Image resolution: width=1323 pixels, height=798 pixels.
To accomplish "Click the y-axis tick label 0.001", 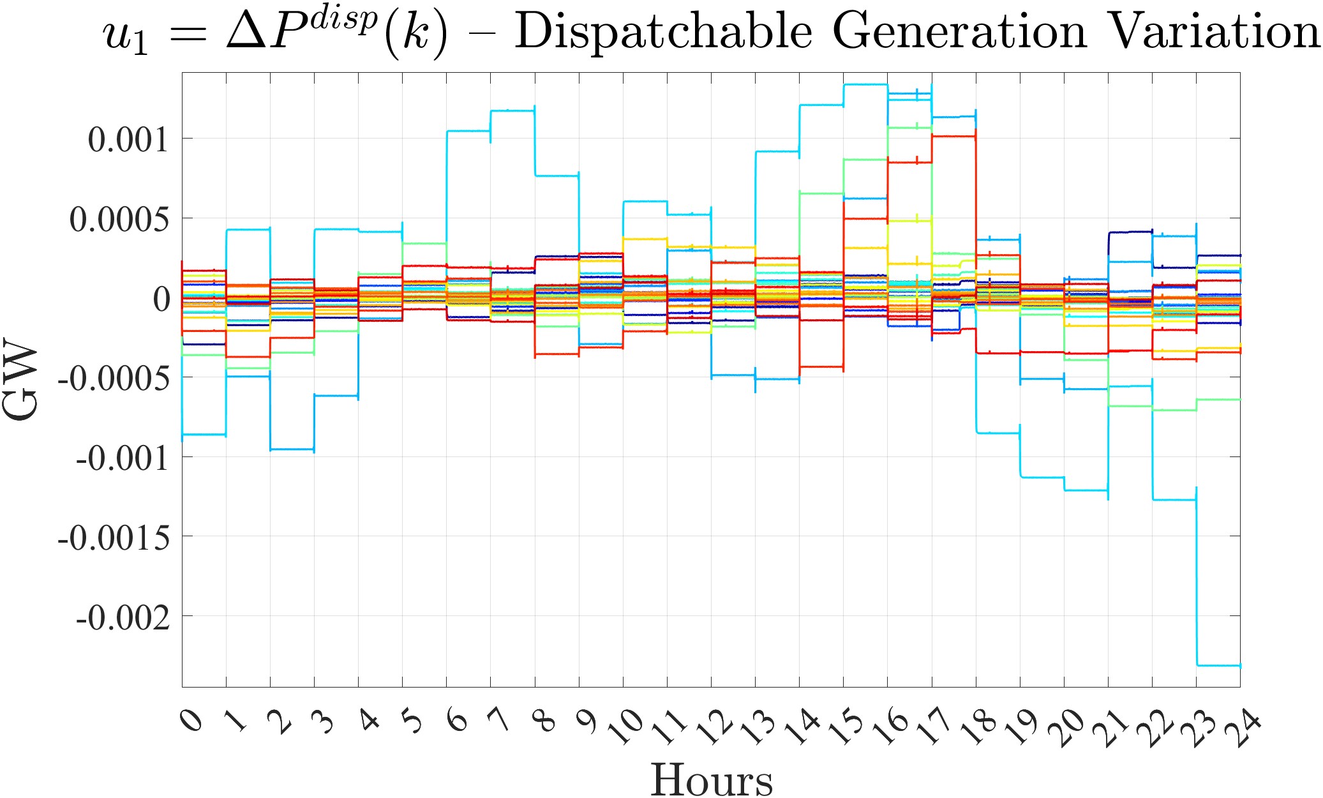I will click(x=128, y=139).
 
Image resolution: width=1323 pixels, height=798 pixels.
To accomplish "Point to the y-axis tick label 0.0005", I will click(x=119, y=219).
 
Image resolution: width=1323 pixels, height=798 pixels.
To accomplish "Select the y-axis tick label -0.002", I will click(x=123, y=617).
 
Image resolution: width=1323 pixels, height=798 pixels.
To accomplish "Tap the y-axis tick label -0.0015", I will click(x=114, y=538).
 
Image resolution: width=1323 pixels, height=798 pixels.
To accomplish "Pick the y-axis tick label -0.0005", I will click(x=114, y=379).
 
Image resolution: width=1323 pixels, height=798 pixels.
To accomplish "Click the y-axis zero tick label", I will click(x=161, y=299).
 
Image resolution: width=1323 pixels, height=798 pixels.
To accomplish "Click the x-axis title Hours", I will click(x=711, y=779).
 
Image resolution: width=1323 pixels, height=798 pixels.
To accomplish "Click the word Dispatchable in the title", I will click(x=663, y=32).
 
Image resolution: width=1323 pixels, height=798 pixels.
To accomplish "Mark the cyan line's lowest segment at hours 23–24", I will click(x=1218, y=665).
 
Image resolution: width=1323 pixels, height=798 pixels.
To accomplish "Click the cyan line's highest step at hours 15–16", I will click(x=865, y=84).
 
